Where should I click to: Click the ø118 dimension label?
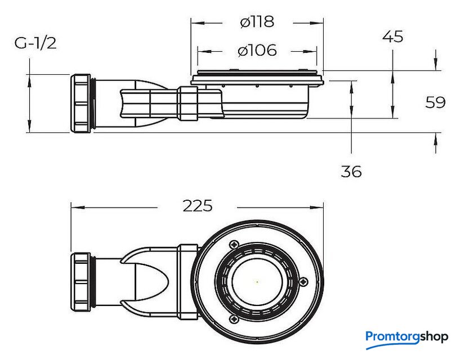[x=257, y=22]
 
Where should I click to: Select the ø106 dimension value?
[x=257, y=51]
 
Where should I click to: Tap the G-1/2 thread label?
[x=35, y=43]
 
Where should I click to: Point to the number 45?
[x=392, y=37]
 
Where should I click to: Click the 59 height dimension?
[x=435, y=102]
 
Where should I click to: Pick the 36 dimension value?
[x=351, y=172]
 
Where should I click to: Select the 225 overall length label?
[x=198, y=206]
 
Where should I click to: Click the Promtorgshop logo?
[x=406, y=337]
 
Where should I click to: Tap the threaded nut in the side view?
[x=82, y=103]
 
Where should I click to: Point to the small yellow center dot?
[x=257, y=282]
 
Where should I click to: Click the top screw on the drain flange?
[x=234, y=245]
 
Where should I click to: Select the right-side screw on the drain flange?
[x=304, y=282]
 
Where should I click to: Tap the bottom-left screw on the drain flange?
[x=234, y=319]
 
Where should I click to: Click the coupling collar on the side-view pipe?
[x=187, y=103]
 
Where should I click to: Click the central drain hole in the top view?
[x=257, y=282]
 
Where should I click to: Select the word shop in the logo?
[x=434, y=337]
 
